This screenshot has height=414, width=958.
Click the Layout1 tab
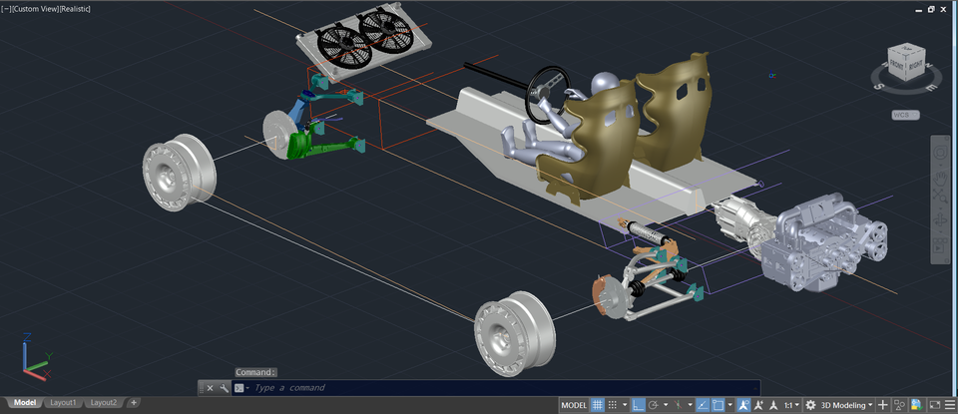63,403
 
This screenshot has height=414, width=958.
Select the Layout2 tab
103,403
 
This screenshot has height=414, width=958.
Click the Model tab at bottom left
24,403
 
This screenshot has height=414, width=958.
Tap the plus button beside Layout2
134,403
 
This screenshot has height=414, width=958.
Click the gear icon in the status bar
810,405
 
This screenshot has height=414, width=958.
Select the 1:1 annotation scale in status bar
789,405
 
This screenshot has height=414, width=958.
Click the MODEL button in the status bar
574,405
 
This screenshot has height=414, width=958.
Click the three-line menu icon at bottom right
949,405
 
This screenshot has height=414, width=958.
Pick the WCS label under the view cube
904,115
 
